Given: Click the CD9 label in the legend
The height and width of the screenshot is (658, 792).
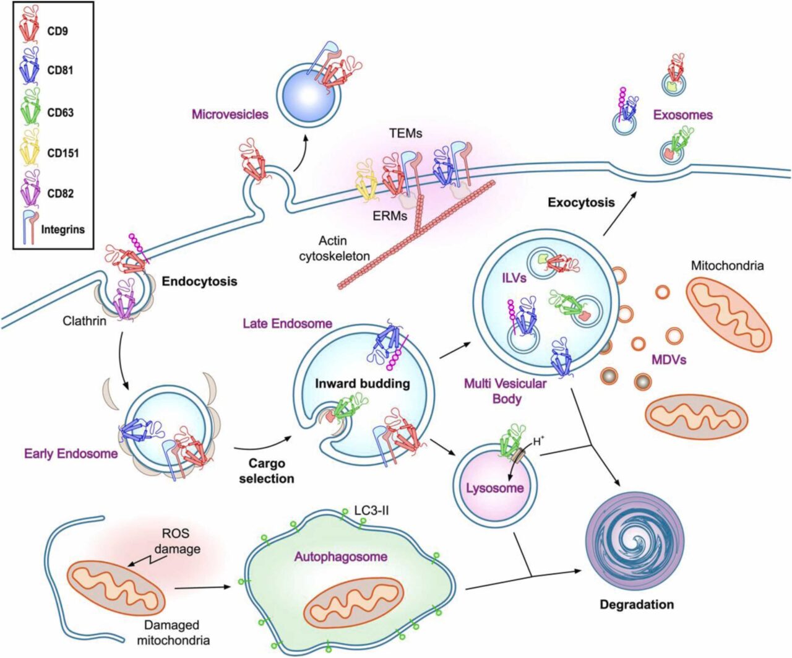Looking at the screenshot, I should point(58,30).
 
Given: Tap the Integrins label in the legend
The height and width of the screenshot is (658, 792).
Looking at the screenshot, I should point(62,229).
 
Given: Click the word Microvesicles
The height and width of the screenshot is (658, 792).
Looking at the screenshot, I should point(230,114).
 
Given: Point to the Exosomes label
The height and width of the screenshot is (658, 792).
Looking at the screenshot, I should point(682,115).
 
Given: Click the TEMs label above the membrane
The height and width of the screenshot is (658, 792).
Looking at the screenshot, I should point(406,132).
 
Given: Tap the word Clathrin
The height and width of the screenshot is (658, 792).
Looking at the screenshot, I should point(84,321).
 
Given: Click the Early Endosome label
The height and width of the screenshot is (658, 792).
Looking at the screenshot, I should point(71,454).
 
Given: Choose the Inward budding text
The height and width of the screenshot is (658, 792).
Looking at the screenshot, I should point(362,383).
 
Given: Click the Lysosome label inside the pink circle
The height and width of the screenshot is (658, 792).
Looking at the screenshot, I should point(494,488).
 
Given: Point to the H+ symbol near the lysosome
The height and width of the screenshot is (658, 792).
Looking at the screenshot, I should point(538,441).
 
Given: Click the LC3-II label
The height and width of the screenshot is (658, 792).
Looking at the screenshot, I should point(371,510).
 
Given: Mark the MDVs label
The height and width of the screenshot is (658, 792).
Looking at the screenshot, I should point(668,359).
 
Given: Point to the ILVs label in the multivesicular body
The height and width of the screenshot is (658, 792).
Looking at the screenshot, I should point(514,278).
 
